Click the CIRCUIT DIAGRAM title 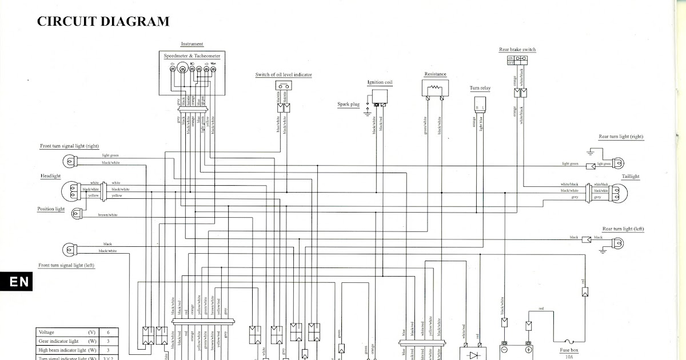coord(103,22)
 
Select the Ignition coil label coord(380,83)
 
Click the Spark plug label coord(348,105)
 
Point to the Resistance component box coord(435,88)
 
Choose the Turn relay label coord(480,89)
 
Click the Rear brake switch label coord(517,50)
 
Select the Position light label coord(51,209)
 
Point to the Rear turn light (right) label coord(620,137)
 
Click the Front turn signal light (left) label coord(66,266)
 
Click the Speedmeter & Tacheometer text coord(192,56)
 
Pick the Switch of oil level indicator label coord(283,75)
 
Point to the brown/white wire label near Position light coord(107,215)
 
